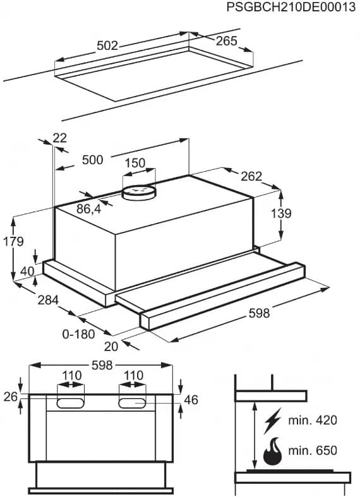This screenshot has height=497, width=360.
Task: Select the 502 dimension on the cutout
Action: tap(107, 45)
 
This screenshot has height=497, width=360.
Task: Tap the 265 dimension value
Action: tap(226, 41)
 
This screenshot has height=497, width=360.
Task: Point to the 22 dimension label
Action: tap(60, 138)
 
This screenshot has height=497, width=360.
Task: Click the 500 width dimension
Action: tap(92, 160)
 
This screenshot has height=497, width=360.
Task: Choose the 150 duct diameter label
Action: tap(135, 163)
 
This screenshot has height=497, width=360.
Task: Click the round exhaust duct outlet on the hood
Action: tap(138, 191)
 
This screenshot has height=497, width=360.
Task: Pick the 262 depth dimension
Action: tap(251, 177)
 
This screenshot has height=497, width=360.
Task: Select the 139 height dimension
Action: tap(281, 213)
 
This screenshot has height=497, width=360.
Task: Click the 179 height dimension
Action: tap(13, 241)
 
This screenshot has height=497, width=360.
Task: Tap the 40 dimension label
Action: tap(27, 271)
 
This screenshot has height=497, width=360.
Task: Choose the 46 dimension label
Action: tap(191, 399)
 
